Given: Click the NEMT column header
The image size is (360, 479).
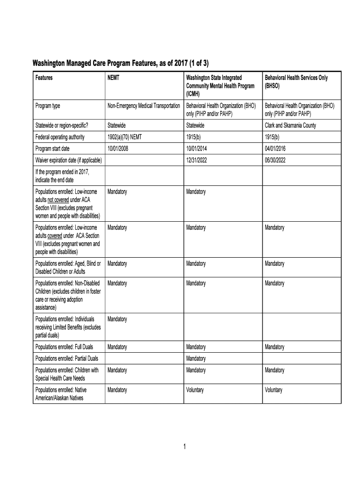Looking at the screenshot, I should [x=114, y=78].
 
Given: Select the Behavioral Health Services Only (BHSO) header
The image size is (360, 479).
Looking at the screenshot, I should [x=296, y=82].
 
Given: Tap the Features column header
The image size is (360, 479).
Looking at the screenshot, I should [x=44, y=78].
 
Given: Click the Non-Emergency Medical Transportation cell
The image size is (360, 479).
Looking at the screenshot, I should [x=144, y=106].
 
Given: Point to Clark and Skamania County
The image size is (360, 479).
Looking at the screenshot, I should [x=290, y=125].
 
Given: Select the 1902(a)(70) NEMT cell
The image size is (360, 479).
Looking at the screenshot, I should [x=125, y=137].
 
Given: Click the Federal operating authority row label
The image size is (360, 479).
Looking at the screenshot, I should [x=60, y=137].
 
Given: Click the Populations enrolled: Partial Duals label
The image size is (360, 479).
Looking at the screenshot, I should [x=67, y=358].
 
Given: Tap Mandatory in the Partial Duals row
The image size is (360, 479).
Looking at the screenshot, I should [x=196, y=358].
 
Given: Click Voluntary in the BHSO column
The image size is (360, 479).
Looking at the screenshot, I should [x=274, y=390].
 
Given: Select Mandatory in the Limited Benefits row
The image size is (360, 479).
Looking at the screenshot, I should [x=117, y=319].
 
